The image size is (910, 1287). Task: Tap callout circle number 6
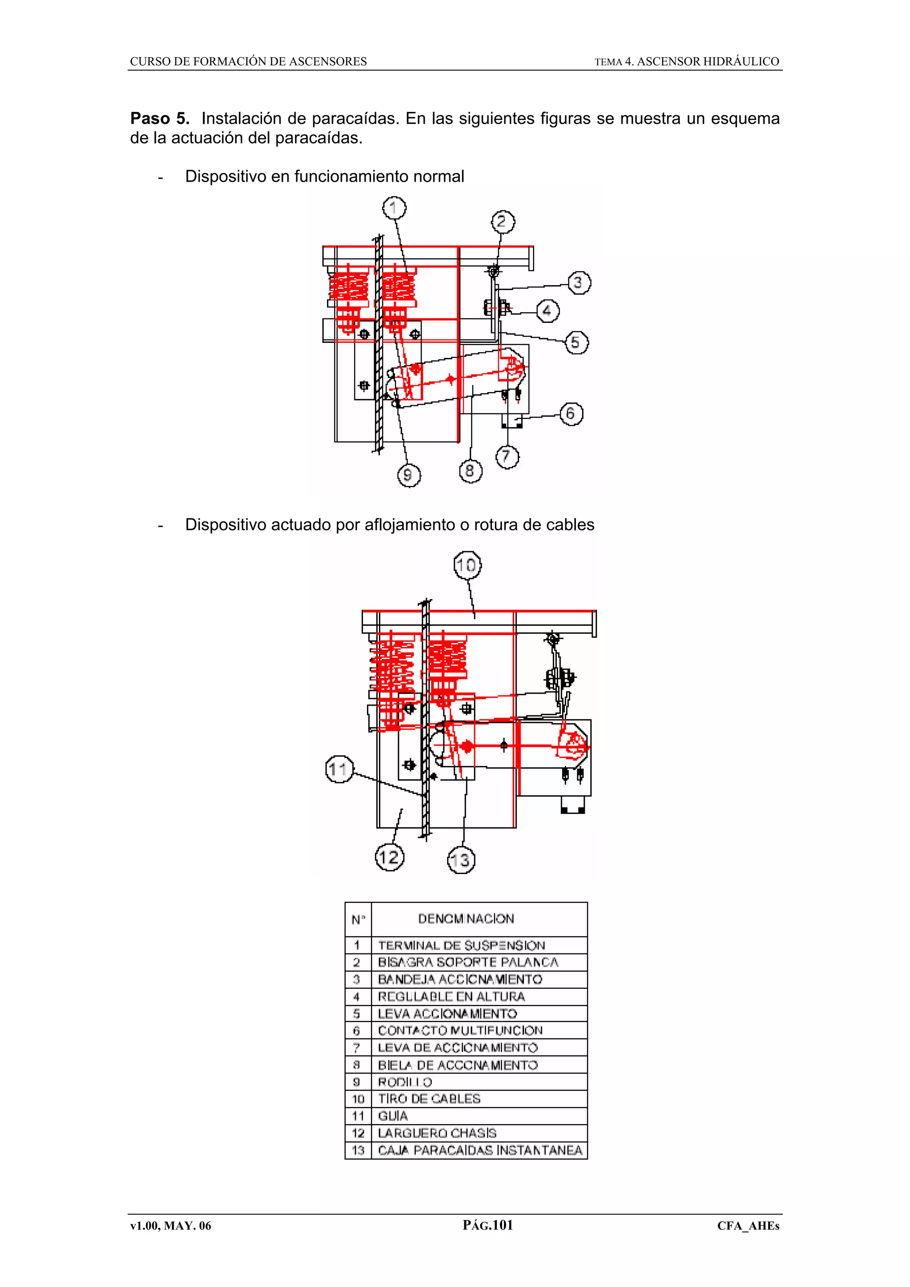pos(571,414)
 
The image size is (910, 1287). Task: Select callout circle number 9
pos(408,475)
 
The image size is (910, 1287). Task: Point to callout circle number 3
pos(579,282)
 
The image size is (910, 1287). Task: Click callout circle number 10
pos(467,565)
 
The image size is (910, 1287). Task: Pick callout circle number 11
pos(339,769)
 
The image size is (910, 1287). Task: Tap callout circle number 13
pos(461,860)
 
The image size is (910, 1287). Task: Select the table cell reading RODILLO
pos(405,1082)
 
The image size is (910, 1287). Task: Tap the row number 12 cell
pos(358,1133)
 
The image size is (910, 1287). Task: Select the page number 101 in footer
pos(502,1225)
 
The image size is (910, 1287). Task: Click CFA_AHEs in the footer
pos(748,1226)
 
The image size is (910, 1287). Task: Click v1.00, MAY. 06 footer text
pos(171,1226)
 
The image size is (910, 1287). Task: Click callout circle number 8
pos(470,470)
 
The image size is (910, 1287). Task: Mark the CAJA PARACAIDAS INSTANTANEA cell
pos(480,1150)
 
